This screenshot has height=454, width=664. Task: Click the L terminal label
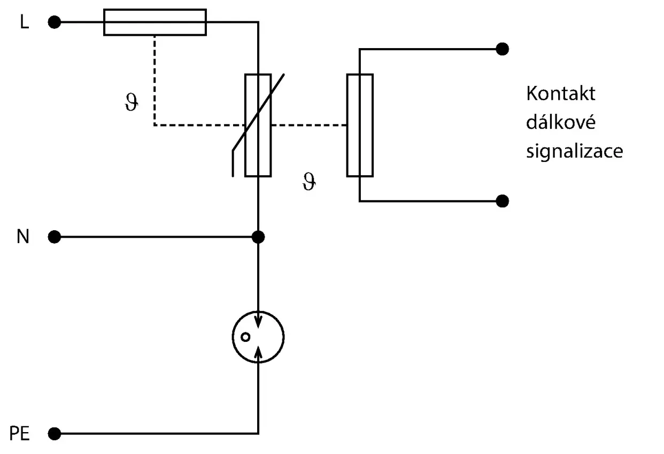click(x=25, y=22)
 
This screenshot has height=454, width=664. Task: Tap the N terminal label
click(x=23, y=236)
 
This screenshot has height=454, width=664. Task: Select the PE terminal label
click(x=20, y=434)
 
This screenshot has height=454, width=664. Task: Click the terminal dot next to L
click(x=54, y=22)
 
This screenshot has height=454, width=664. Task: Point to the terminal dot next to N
click(x=54, y=237)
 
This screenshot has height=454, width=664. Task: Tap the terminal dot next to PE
click(x=54, y=434)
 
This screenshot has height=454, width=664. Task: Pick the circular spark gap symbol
click(x=233, y=337)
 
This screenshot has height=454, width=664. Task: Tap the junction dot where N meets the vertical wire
click(x=258, y=237)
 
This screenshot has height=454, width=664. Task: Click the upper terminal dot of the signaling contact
click(x=503, y=49)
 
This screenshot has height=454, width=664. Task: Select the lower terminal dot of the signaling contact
click(x=503, y=201)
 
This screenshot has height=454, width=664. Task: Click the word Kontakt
click(x=560, y=93)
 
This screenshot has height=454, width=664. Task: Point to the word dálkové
click(x=560, y=122)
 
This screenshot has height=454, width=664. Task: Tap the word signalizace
click(x=575, y=152)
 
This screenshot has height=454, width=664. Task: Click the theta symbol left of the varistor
click(x=132, y=102)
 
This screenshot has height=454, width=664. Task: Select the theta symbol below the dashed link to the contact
click(x=309, y=181)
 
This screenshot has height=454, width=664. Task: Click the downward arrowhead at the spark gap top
click(x=258, y=322)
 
